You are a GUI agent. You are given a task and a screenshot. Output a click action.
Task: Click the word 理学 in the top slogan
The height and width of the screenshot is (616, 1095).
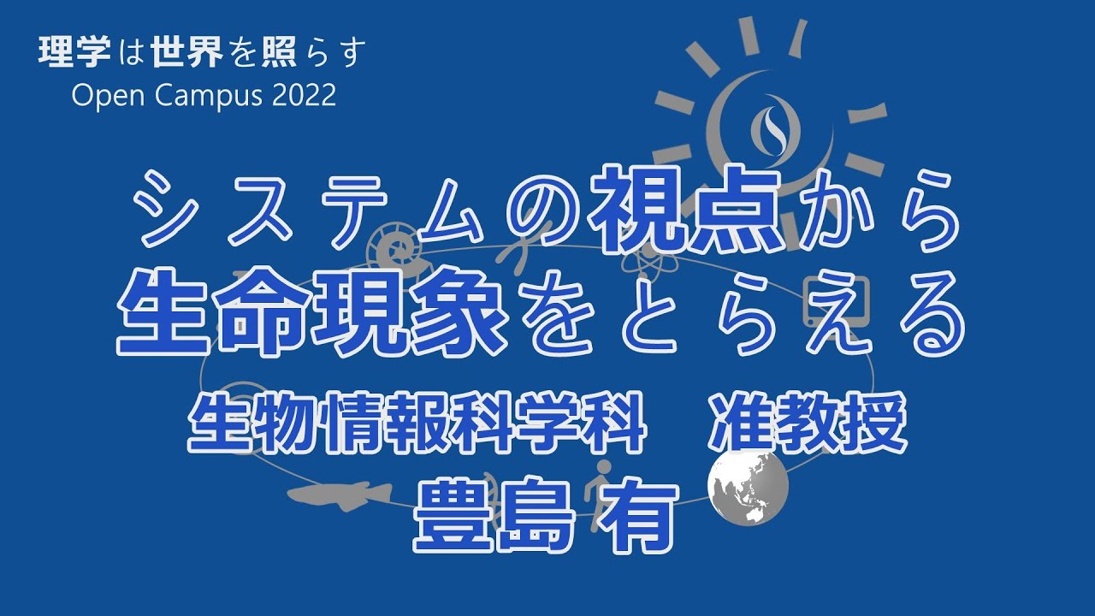pyautogui.click(x=74, y=52)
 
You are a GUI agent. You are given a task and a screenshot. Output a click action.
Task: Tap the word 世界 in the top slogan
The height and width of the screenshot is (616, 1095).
pyautogui.click(x=187, y=52)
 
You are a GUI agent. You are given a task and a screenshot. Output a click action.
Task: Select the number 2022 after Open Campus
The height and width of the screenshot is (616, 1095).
pyautogui.click(x=304, y=95)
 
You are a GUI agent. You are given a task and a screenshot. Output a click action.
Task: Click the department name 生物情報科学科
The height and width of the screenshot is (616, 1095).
pyautogui.click(x=417, y=423)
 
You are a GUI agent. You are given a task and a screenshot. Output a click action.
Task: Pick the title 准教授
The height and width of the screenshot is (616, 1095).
pyautogui.click(x=808, y=423)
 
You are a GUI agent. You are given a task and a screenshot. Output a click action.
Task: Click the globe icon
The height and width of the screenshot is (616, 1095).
pyautogui.click(x=748, y=487)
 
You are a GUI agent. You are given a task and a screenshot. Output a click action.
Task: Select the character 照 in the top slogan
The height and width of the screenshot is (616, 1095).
pyautogui.click(x=279, y=52)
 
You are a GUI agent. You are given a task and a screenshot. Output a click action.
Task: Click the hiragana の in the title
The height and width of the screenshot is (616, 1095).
pyautogui.click(x=539, y=211)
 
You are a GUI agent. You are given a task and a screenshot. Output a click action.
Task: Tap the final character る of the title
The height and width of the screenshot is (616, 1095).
pyautogui.click(x=932, y=313)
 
